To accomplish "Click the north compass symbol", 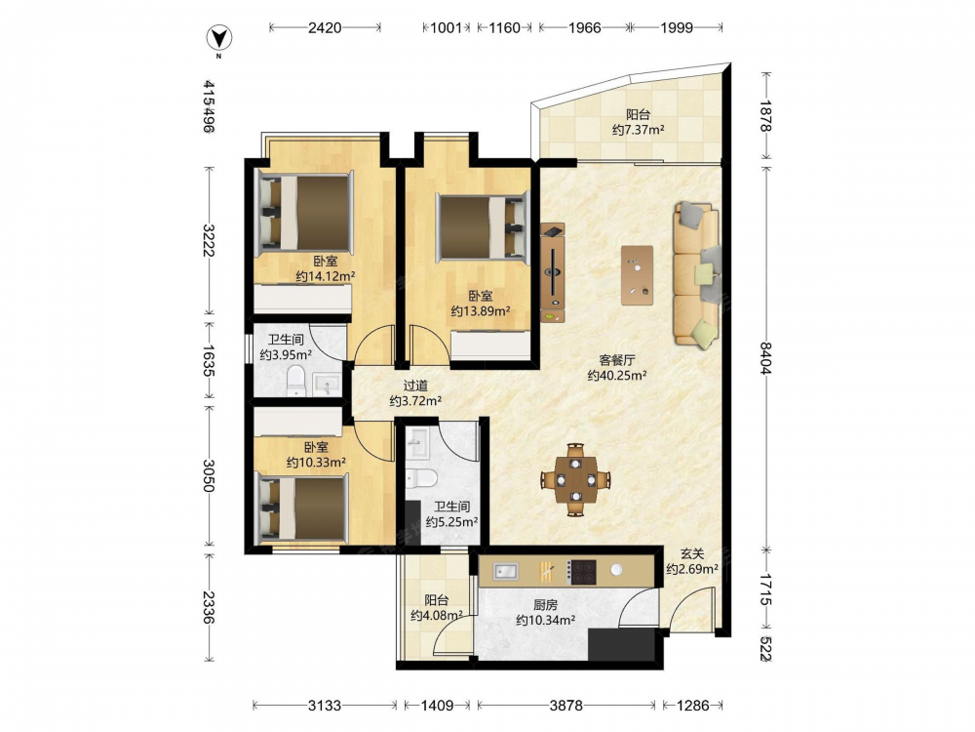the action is [x=218, y=39].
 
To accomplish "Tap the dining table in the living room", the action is [x=575, y=480].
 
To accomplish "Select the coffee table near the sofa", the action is [x=637, y=275].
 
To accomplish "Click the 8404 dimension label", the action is [x=765, y=358].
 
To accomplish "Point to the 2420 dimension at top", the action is [x=325, y=27].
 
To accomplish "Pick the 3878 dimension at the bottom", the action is [x=565, y=706].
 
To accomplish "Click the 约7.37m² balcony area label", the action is [x=638, y=130].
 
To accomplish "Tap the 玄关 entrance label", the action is [x=692, y=553].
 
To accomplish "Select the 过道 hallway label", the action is [x=415, y=386].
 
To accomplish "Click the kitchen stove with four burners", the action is [x=583, y=571].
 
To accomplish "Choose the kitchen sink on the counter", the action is [x=505, y=571].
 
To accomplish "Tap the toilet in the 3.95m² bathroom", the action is [x=296, y=381].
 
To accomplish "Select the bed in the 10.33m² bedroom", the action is [x=301, y=508].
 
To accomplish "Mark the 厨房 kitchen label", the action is [x=545, y=604].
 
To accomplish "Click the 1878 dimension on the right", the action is [x=765, y=116].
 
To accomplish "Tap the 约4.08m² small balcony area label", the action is [x=437, y=616].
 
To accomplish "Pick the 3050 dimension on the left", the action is [x=209, y=475].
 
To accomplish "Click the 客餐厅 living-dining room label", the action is [x=617, y=360].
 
